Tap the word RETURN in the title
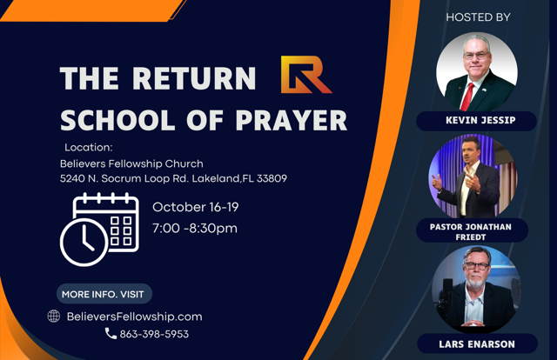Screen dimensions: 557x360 click(x=194, y=77)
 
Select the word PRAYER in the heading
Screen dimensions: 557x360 click(x=292, y=120)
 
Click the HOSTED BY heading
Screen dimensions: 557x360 click(x=478, y=17)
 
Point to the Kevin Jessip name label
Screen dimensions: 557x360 click(x=476, y=121)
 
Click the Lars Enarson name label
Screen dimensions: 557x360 click(x=477, y=344)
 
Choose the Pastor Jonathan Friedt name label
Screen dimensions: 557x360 click(x=471, y=231)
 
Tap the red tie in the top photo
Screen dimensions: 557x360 click(x=466, y=97)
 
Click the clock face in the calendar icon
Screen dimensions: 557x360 click(x=84, y=242)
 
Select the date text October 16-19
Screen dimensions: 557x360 click(x=195, y=207)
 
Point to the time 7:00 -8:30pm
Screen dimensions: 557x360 click(x=195, y=229)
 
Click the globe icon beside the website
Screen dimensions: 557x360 click(x=54, y=316)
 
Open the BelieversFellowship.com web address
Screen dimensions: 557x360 click(x=134, y=317)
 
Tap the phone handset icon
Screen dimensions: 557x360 click(x=111, y=333)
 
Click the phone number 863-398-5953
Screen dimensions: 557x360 click(x=154, y=334)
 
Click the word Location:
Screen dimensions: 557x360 click(x=89, y=147)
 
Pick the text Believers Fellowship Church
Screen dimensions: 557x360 click(x=131, y=163)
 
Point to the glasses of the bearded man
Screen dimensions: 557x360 click(x=477, y=266)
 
